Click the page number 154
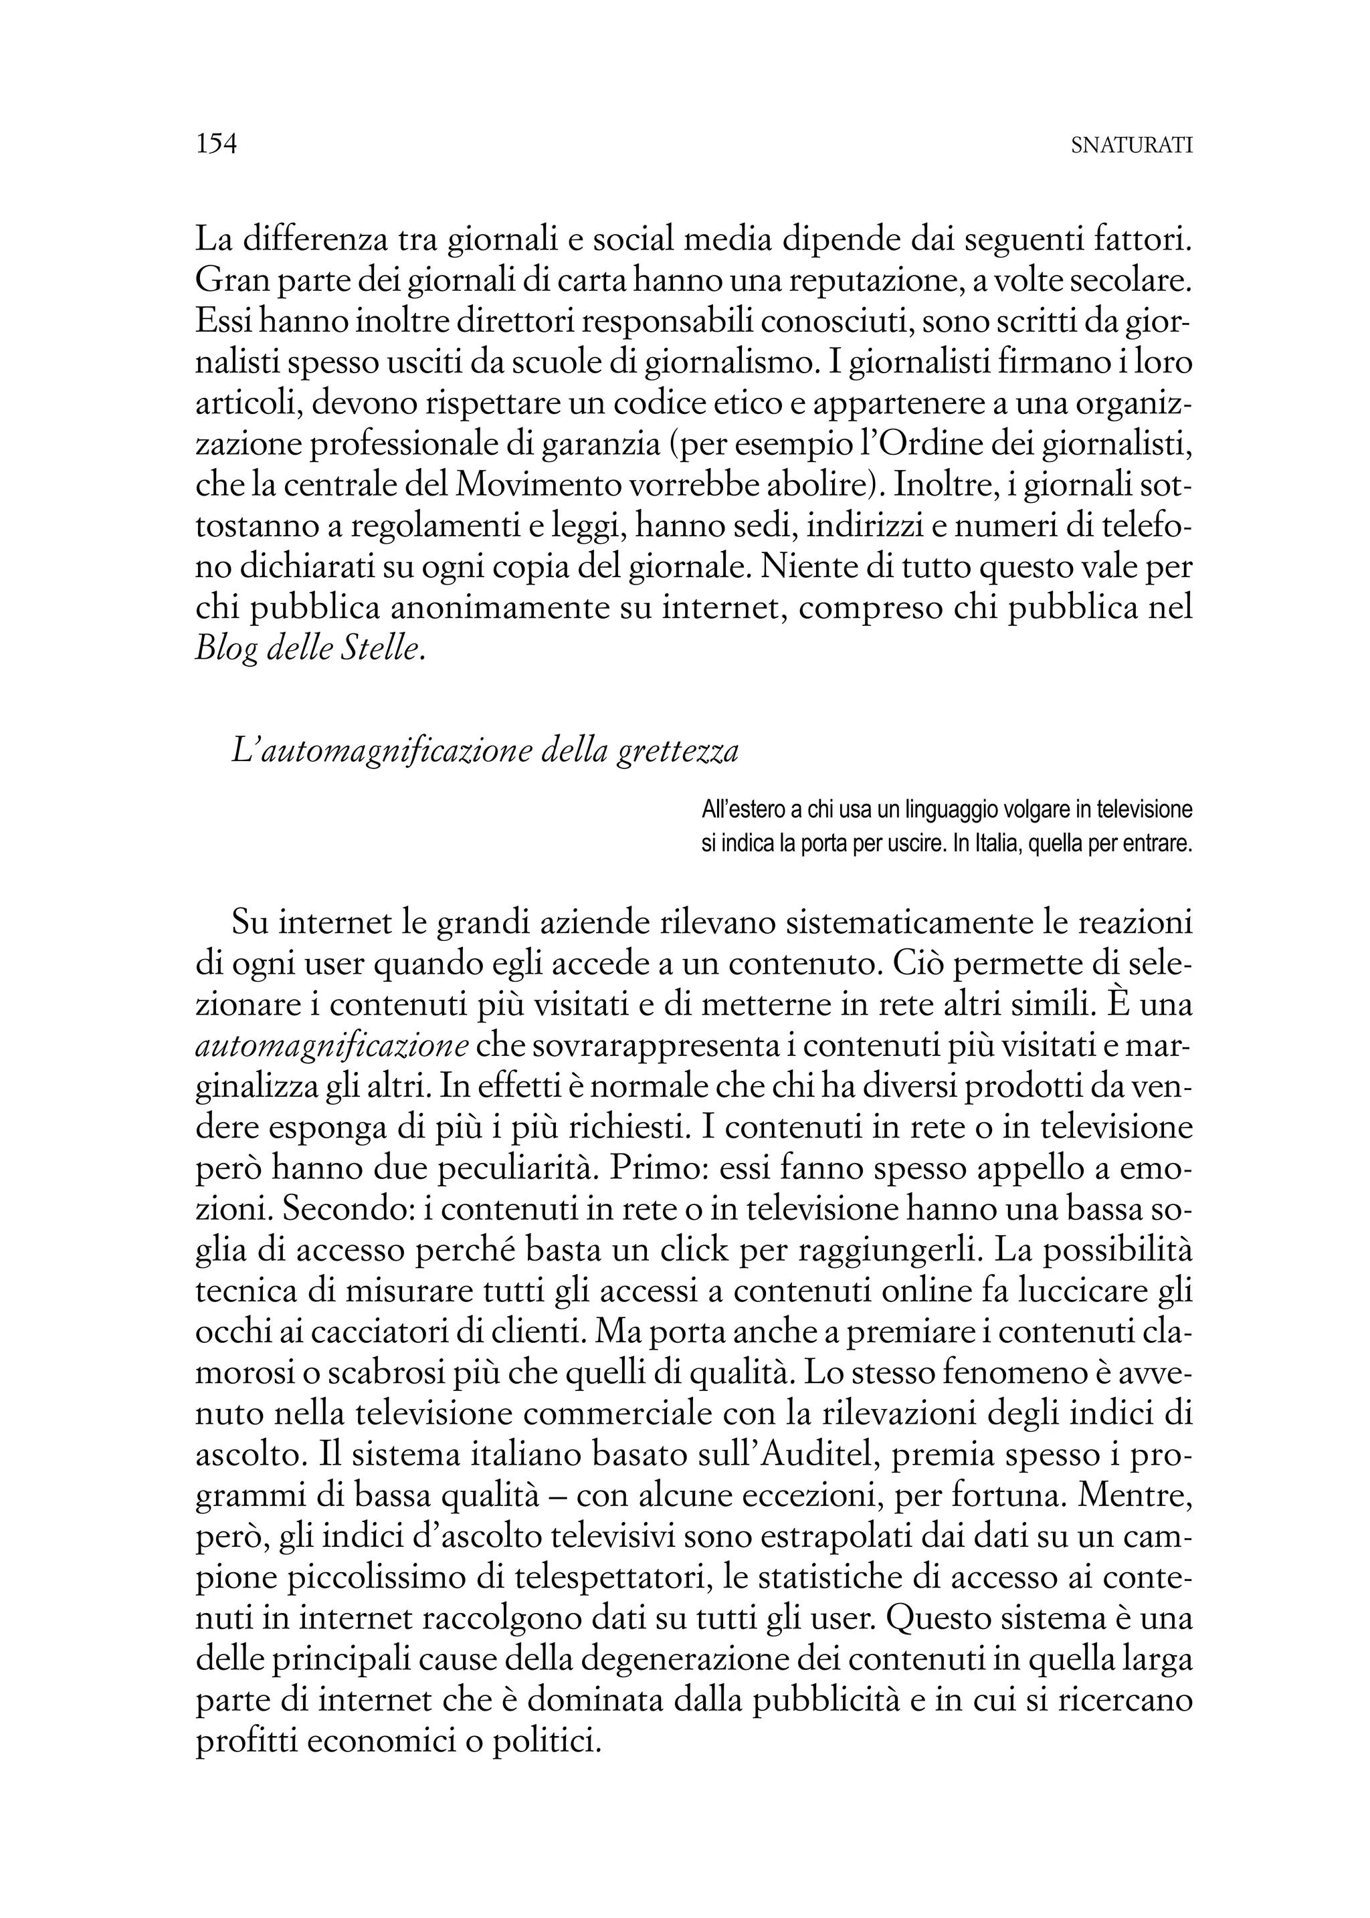pyautogui.click(x=216, y=144)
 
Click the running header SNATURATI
pyautogui.click(x=1131, y=146)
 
